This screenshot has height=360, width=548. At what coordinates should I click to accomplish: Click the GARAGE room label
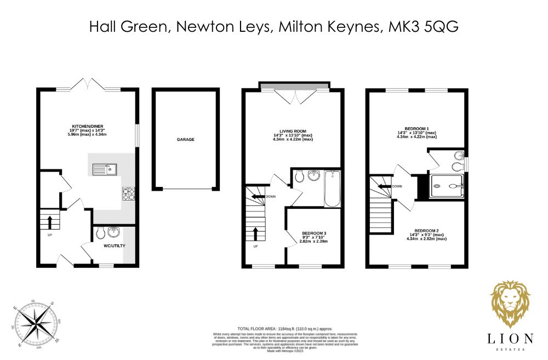[185, 140]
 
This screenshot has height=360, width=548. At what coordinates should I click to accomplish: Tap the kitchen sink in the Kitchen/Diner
[103, 169]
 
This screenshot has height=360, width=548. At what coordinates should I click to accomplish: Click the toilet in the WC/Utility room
[100, 234]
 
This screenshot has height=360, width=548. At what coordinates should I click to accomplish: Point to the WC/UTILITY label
[115, 245]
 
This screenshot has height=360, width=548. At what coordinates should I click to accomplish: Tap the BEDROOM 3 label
[313, 233]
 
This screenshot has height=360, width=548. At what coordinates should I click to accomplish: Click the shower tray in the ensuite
[448, 186]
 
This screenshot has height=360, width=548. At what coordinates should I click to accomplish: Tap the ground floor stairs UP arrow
[50, 222]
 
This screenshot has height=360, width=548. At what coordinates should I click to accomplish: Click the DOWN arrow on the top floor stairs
[385, 186]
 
